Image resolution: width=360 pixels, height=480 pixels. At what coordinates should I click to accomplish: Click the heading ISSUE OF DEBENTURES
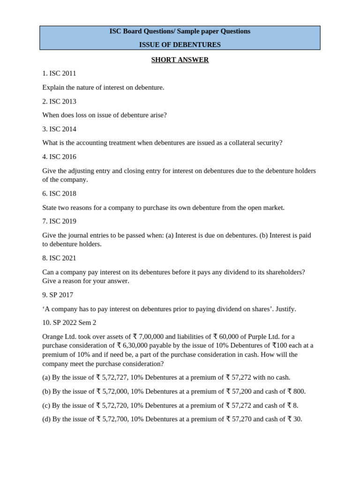pyautogui.click(x=180, y=45)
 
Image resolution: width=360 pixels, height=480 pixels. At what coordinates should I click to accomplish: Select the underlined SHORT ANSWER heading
pyautogui.click(x=180, y=60)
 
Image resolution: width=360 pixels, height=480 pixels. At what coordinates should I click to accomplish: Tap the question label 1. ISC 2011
pyautogui.click(x=59, y=74)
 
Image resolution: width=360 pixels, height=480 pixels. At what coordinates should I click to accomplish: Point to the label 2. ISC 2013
pyautogui.click(x=59, y=101)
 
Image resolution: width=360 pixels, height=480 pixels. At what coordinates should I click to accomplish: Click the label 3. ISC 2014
pyautogui.click(x=59, y=129)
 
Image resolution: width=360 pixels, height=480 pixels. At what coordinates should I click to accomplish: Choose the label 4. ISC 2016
pyautogui.click(x=59, y=157)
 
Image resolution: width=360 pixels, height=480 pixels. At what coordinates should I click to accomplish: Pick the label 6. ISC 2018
pyautogui.click(x=59, y=194)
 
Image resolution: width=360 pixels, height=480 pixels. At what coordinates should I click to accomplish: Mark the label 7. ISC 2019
pyautogui.click(x=59, y=221)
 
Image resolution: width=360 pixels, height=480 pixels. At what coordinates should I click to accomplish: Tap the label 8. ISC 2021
pyautogui.click(x=59, y=258)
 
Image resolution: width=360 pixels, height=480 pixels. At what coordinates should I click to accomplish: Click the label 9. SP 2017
pyautogui.click(x=58, y=295)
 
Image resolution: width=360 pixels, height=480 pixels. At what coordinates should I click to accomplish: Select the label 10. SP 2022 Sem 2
pyautogui.click(x=69, y=323)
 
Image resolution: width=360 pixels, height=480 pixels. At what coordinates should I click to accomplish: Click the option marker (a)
pyautogui.click(x=46, y=377)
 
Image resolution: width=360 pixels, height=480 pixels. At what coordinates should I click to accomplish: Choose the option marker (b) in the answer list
pyautogui.click(x=46, y=391)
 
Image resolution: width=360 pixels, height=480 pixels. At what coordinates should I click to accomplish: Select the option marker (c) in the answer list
pyautogui.click(x=46, y=405)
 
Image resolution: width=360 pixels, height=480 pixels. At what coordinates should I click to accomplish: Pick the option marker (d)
pyautogui.click(x=46, y=419)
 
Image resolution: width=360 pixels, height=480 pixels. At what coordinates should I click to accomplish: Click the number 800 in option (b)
pyautogui.click(x=299, y=391)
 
